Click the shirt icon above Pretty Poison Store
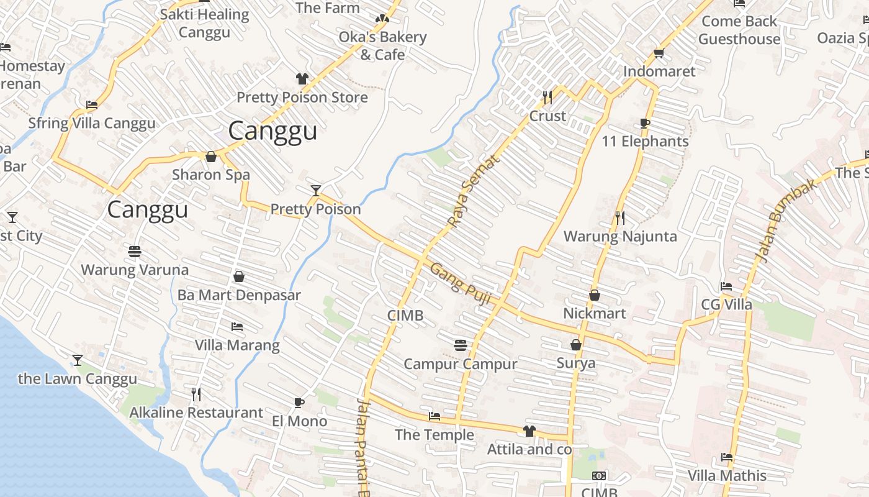click(302, 79)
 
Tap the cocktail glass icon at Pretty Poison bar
click(316, 190)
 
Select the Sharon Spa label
click(211, 175)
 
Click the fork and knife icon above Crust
click(547, 97)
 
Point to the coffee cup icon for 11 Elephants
click(645, 123)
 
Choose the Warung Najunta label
click(619, 237)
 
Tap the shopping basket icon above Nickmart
click(594, 295)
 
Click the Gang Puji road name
click(461, 284)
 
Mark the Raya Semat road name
click(474, 191)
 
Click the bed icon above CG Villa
click(726, 286)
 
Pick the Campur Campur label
click(460, 364)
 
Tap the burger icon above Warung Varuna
click(135, 252)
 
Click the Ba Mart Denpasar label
click(239, 295)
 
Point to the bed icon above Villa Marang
click(236, 327)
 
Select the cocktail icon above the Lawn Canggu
click(77, 360)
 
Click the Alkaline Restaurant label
click(196, 413)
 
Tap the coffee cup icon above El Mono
click(299, 403)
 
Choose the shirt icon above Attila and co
click(529, 431)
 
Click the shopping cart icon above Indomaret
click(659, 53)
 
